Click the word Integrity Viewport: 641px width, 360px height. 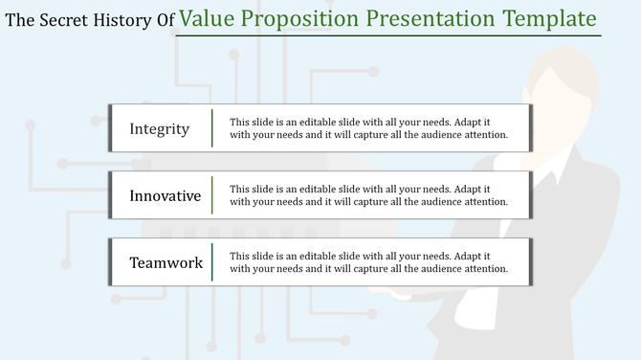point(160,129)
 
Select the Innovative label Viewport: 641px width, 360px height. point(166,196)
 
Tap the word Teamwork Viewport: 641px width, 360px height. point(166,262)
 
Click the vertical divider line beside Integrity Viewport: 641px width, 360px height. point(212,129)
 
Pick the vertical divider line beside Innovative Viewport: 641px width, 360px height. point(212,195)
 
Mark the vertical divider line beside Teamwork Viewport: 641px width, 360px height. point(212,262)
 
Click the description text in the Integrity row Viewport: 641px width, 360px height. point(368,129)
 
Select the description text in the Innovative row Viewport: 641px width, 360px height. point(368,195)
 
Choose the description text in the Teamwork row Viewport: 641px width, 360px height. point(368,262)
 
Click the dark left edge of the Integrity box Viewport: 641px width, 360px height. point(111,129)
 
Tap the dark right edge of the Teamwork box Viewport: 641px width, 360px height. point(530,262)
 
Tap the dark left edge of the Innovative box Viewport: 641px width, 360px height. point(111,195)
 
